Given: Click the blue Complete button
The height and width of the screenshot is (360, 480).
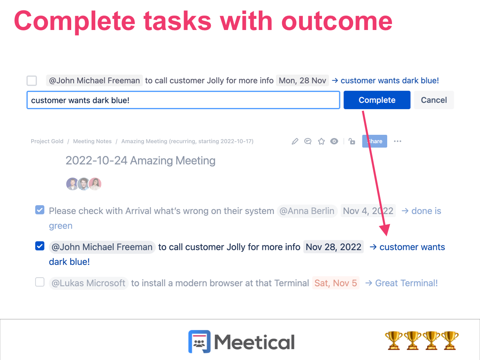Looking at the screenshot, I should [377, 100].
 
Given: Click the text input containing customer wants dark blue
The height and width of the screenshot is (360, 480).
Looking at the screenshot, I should [183, 100].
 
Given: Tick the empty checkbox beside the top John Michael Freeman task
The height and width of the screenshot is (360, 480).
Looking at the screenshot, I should [32, 80].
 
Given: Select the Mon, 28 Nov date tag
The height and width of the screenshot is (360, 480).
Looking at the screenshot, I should [302, 80].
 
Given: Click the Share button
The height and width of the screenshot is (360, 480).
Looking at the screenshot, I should [374, 141].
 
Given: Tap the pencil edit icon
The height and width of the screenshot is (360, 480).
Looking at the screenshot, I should [295, 141].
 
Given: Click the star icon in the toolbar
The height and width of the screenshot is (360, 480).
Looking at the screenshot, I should [321, 141].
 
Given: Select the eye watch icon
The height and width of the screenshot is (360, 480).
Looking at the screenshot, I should [334, 141].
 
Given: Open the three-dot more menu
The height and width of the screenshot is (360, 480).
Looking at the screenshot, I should [397, 141].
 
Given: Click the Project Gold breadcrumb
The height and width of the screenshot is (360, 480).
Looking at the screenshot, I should [47, 141].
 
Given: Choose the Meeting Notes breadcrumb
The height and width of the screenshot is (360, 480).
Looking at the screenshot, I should [92, 141].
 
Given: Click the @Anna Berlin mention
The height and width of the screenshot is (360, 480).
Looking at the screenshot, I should [307, 211].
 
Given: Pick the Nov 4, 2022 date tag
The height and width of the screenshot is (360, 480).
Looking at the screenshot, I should [368, 211].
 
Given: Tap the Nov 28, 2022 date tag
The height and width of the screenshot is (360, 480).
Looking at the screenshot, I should [333, 247].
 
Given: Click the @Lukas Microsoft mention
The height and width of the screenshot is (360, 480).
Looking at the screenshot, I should [89, 283].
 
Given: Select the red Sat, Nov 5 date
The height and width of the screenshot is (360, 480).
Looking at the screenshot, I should [336, 283].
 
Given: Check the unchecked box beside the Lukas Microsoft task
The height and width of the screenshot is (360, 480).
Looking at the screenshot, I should [40, 283].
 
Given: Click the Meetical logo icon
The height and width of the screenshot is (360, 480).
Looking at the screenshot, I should [199, 342].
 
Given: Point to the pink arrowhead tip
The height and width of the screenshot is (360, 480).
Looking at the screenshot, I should [386, 235].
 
